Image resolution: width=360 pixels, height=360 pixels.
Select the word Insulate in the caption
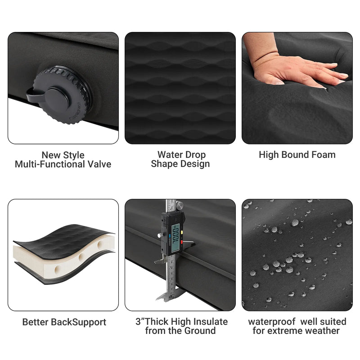(211, 322)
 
